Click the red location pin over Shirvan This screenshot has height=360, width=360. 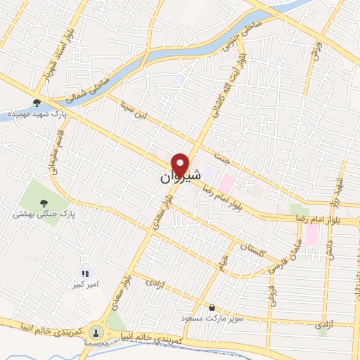click(x=181, y=165)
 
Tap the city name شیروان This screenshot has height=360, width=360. click(x=175, y=176)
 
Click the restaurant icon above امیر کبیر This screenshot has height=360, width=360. click(x=85, y=274)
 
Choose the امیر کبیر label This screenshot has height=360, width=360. click(x=84, y=285)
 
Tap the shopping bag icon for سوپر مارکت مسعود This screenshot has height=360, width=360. click(x=212, y=307)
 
